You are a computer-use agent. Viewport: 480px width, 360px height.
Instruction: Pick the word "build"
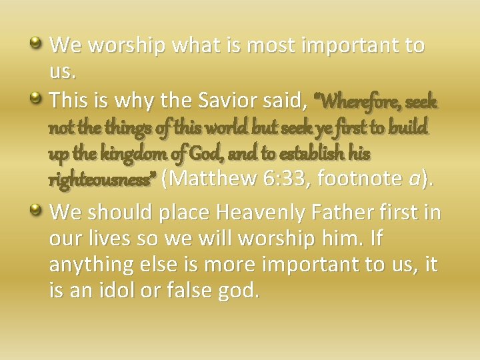point(407,128)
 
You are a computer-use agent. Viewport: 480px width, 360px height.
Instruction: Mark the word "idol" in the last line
point(131,290)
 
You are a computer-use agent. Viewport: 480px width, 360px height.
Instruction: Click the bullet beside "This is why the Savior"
point(37,99)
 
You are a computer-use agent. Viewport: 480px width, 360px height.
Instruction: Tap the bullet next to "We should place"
point(37,211)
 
